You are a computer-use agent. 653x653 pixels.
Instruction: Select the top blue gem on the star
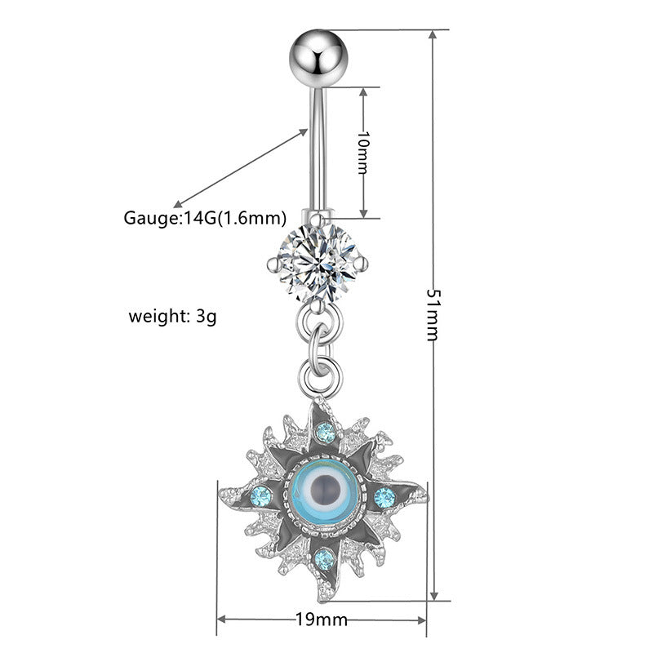(325, 432)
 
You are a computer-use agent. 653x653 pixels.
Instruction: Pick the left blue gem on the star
(261, 495)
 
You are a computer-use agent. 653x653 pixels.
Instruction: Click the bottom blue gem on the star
(324, 558)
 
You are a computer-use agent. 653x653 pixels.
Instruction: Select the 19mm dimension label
(322, 620)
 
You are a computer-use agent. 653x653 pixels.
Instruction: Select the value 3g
(206, 315)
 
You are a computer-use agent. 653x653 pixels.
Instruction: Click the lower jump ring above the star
(318, 372)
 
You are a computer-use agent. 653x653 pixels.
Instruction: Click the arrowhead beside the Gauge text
(176, 204)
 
